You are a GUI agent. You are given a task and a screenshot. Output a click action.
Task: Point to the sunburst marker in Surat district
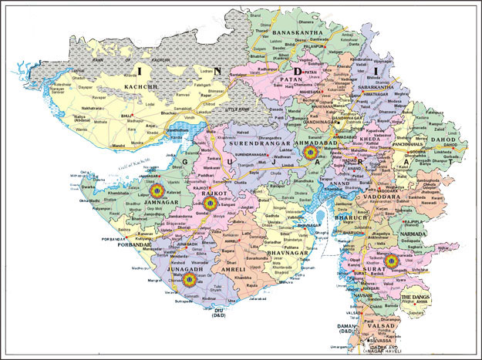390,261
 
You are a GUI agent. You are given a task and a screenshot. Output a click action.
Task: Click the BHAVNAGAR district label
284,252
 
